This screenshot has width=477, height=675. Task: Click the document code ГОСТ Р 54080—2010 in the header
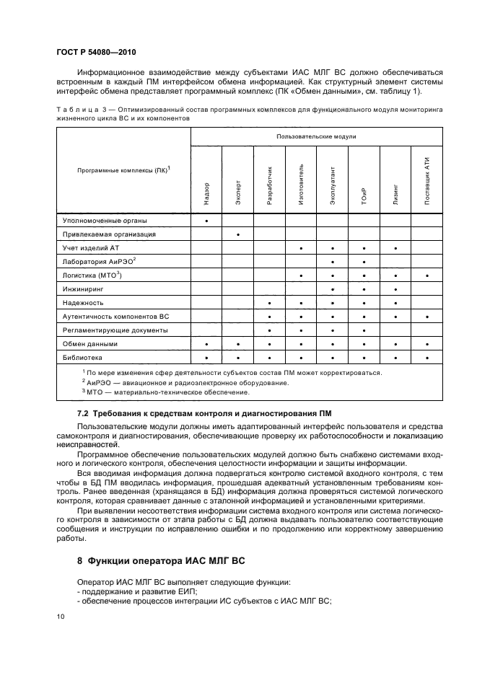(x=96, y=53)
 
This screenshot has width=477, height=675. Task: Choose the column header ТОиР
(x=364, y=195)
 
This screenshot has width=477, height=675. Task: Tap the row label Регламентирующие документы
(x=115, y=330)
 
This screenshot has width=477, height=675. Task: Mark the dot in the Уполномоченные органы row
(x=207, y=221)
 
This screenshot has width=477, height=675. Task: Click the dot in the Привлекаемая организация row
(x=238, y=234)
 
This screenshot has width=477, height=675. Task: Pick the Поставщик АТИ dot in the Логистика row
(x=427, y=275)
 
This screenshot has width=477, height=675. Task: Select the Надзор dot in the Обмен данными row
(x=207, y=344)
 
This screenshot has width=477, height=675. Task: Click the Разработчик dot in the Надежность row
(x=269, y=303)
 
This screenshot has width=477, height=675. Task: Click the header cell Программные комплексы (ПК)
(x=123, y=170)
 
